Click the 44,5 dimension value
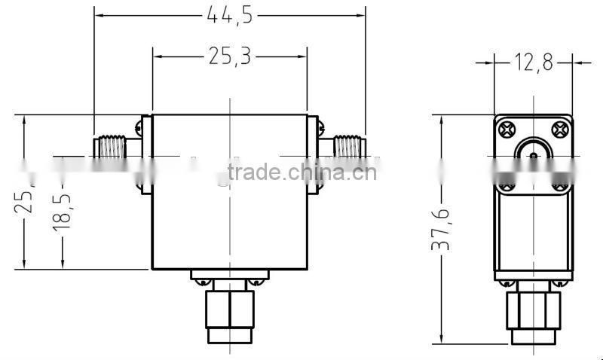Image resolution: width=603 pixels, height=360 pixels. [229, 14]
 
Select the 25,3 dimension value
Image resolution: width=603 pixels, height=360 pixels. [229, 56]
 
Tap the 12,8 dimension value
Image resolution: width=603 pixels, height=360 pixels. [533, 63]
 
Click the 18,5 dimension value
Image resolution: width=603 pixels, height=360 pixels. [62, 210]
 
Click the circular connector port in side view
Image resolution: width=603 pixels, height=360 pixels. [533, 155]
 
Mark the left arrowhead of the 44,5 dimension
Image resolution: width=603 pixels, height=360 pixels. [99, 14]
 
